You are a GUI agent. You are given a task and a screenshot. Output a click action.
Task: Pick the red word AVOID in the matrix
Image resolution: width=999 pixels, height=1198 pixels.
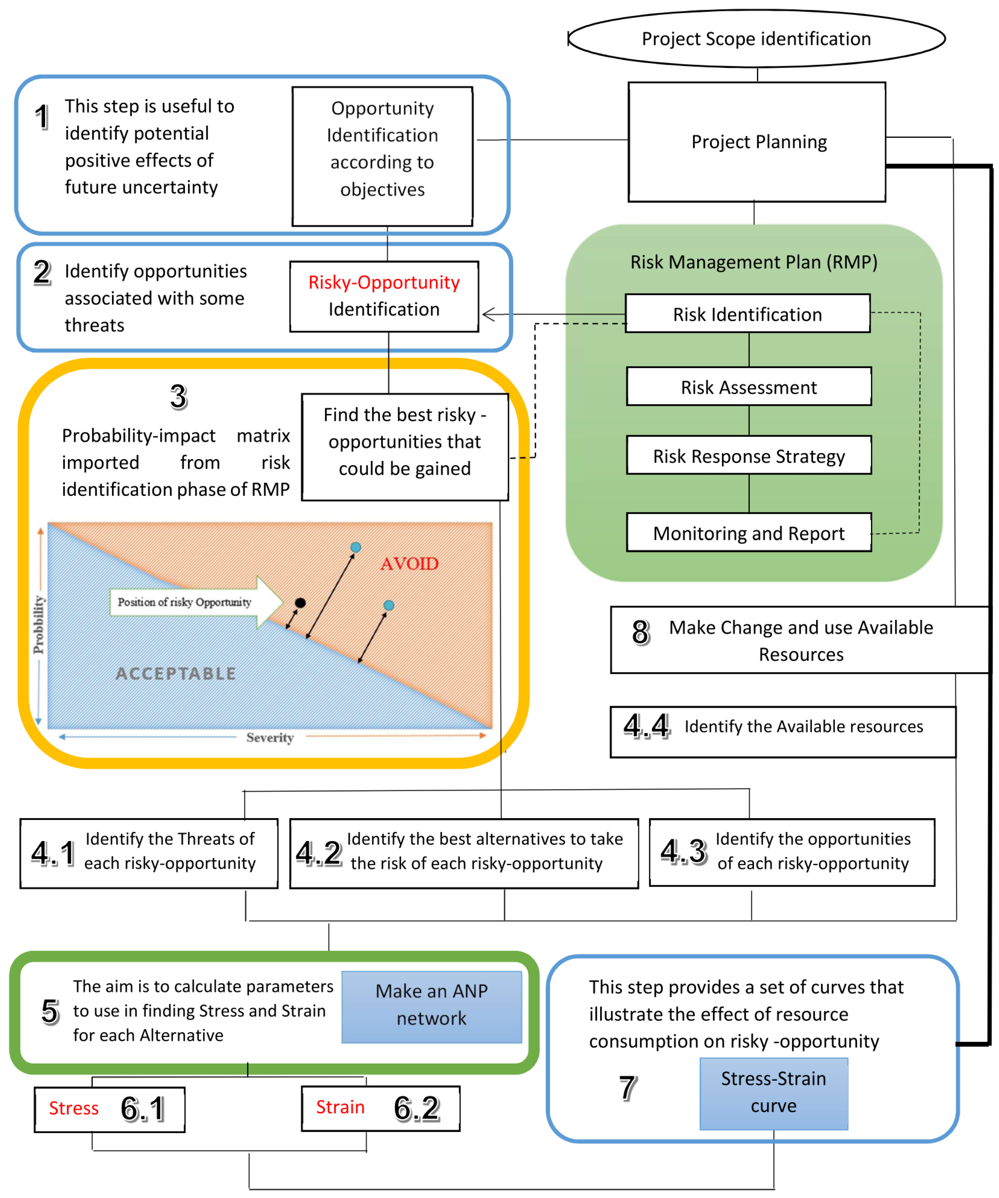409,564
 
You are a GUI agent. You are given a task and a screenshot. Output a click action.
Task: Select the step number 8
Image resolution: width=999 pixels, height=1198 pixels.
640,632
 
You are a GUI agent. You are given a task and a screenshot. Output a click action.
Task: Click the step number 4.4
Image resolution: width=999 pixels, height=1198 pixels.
646,726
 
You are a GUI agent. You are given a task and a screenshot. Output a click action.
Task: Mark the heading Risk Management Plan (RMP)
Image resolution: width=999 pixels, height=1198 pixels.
753,262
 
